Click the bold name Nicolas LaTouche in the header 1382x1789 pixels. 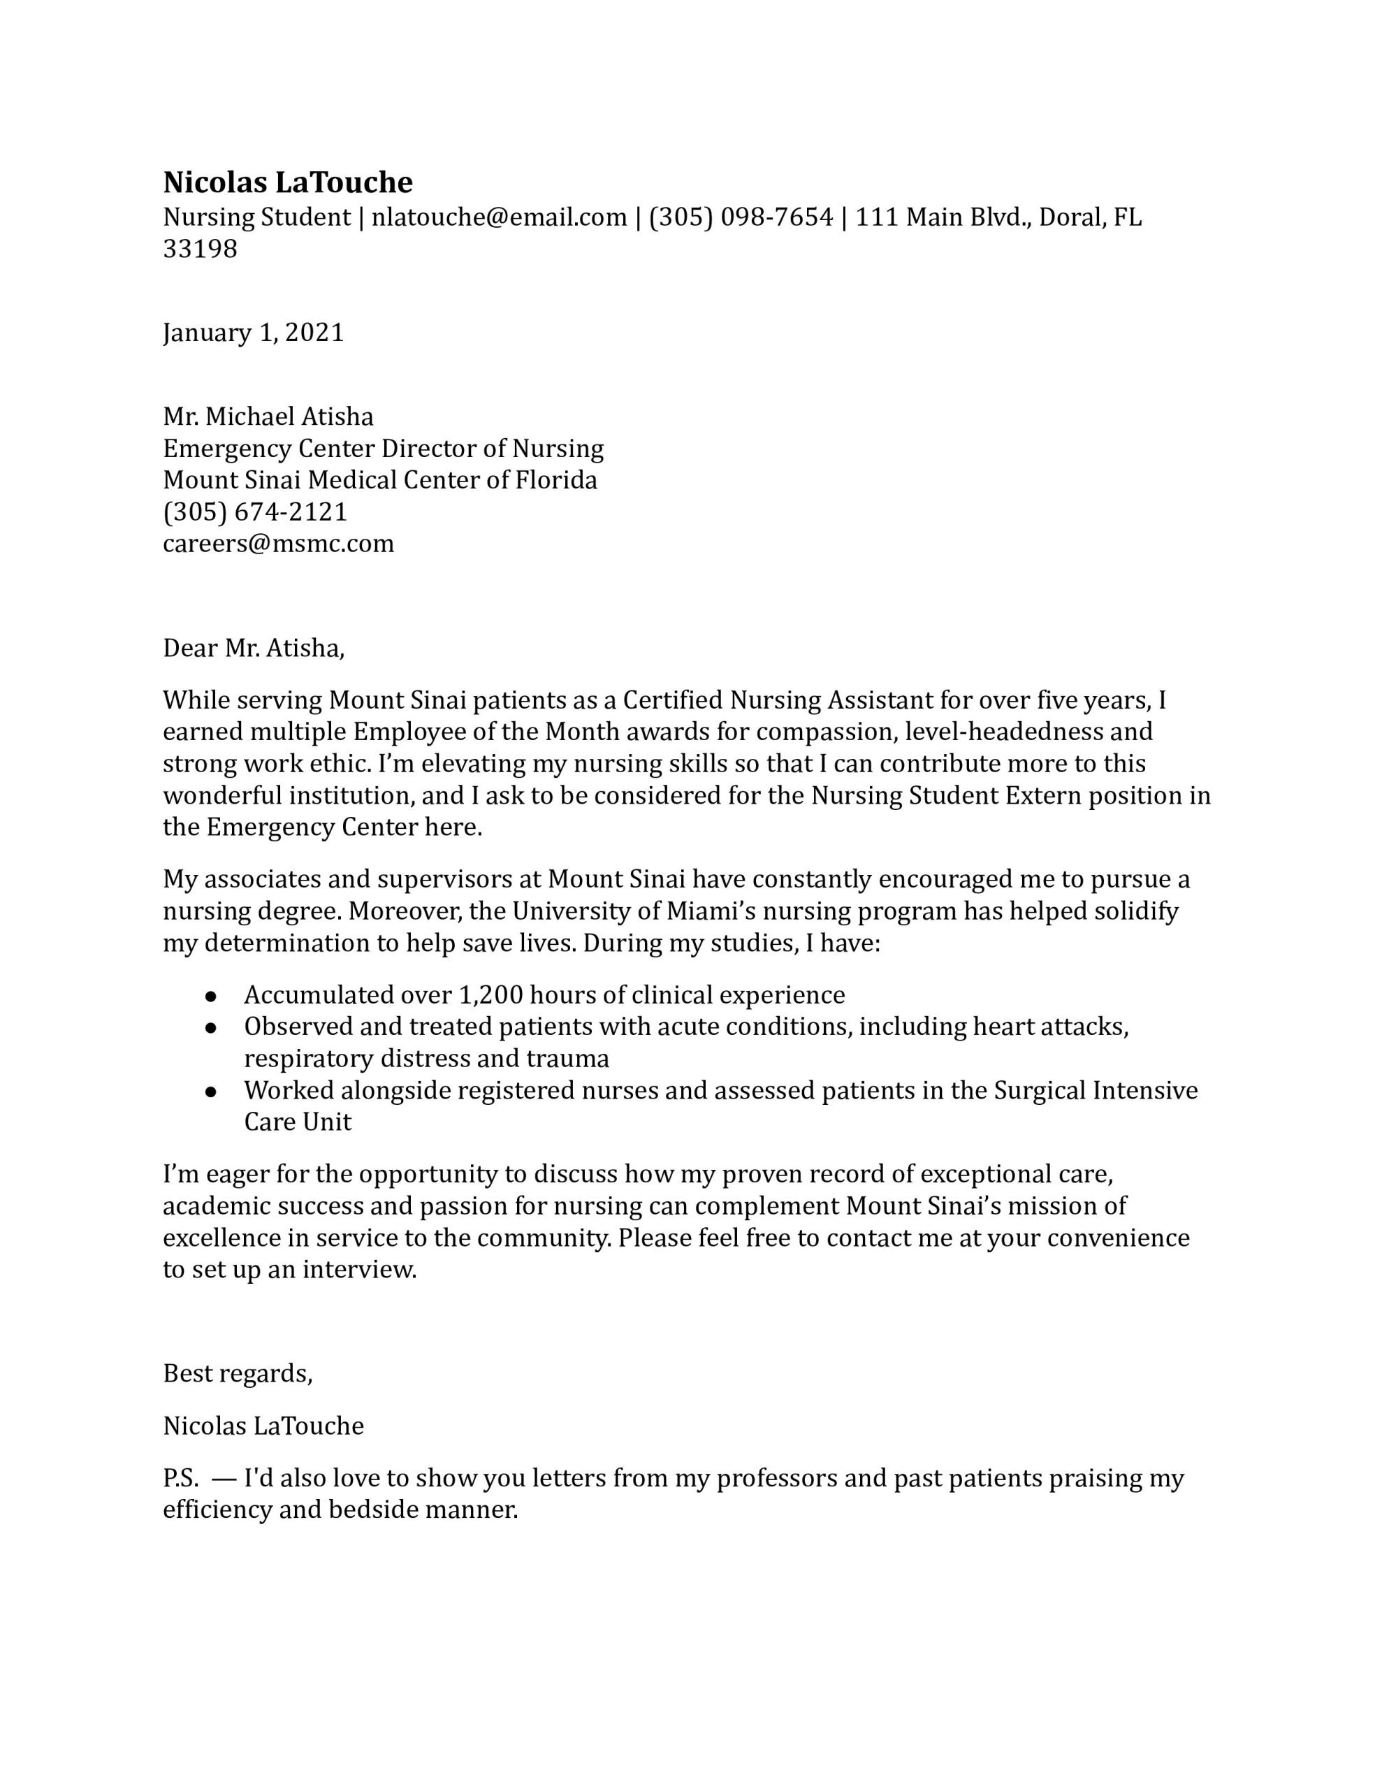tap(288, 182)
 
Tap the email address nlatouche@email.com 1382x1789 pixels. tap(499, 217)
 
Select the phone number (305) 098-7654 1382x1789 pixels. tap(741, 217)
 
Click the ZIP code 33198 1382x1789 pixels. tap(200, 249)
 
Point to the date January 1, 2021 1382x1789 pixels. tap(253, 333)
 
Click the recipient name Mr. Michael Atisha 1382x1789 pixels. tap(268, 417)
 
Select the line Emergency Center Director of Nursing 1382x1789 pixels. tap(384, 449)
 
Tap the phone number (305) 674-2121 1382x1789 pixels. tap(255, 512)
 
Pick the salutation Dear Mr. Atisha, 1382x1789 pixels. tap(254, 648)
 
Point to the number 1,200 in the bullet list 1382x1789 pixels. tap(490, 994)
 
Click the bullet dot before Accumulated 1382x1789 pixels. tap(210, 996)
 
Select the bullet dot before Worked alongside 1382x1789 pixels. tap(210, 1092)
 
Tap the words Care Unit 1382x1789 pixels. tap(298, 1122)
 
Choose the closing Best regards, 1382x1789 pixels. tap(238, 1373)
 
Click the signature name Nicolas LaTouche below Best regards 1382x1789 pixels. tap(263, 1426)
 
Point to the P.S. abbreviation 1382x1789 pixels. tap(180, 1479)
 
